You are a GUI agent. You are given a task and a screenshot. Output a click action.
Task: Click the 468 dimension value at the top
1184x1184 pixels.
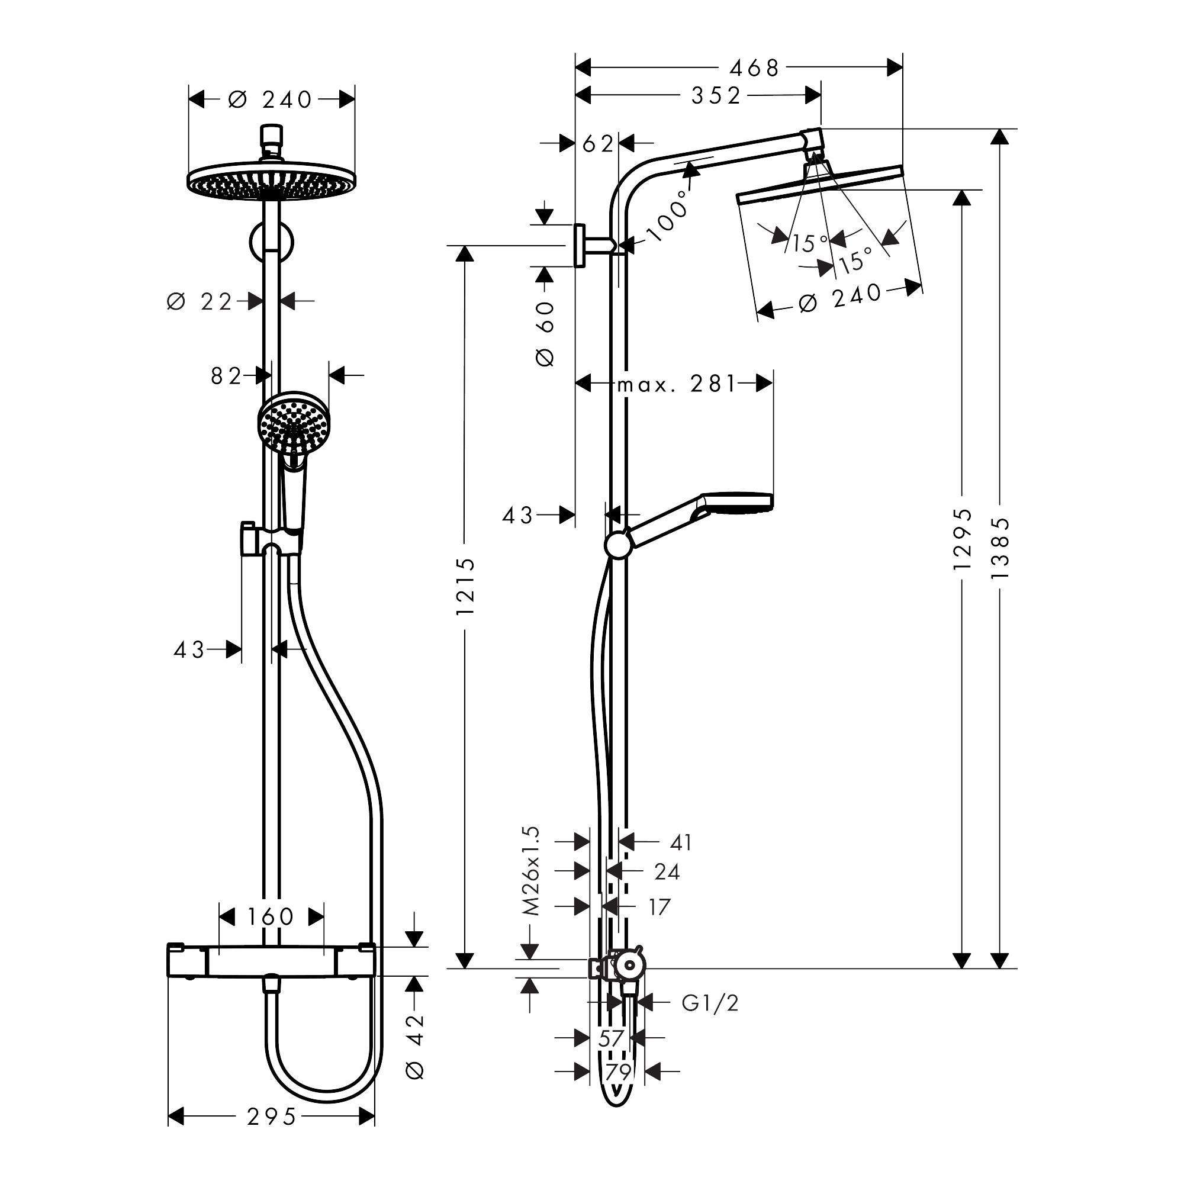coord(754,68)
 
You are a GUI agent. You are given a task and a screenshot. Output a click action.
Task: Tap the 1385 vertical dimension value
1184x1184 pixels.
coord(999,549)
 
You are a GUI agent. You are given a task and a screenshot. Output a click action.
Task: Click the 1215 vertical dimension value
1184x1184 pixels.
coord(465,587)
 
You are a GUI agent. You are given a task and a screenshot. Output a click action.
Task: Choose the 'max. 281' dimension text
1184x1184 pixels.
coord(676,384)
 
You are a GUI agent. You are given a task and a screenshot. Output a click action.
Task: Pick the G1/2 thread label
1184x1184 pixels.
coord(710,1003)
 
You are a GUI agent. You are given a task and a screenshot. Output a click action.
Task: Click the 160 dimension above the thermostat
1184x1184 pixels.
coord(271,917)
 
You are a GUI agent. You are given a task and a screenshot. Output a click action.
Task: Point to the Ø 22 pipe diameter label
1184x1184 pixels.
coord(200,301)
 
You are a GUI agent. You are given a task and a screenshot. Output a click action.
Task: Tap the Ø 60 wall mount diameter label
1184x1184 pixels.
coord(545,333)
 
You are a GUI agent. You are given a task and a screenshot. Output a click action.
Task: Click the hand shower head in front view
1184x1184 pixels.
coord(294,423)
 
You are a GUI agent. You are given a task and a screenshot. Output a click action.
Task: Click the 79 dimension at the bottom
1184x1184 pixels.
coord(617,1072)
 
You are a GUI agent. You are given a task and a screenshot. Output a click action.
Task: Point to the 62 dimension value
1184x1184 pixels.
coord(597,144)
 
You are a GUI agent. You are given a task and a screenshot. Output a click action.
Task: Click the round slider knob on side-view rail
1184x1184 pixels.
coord(617,545)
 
